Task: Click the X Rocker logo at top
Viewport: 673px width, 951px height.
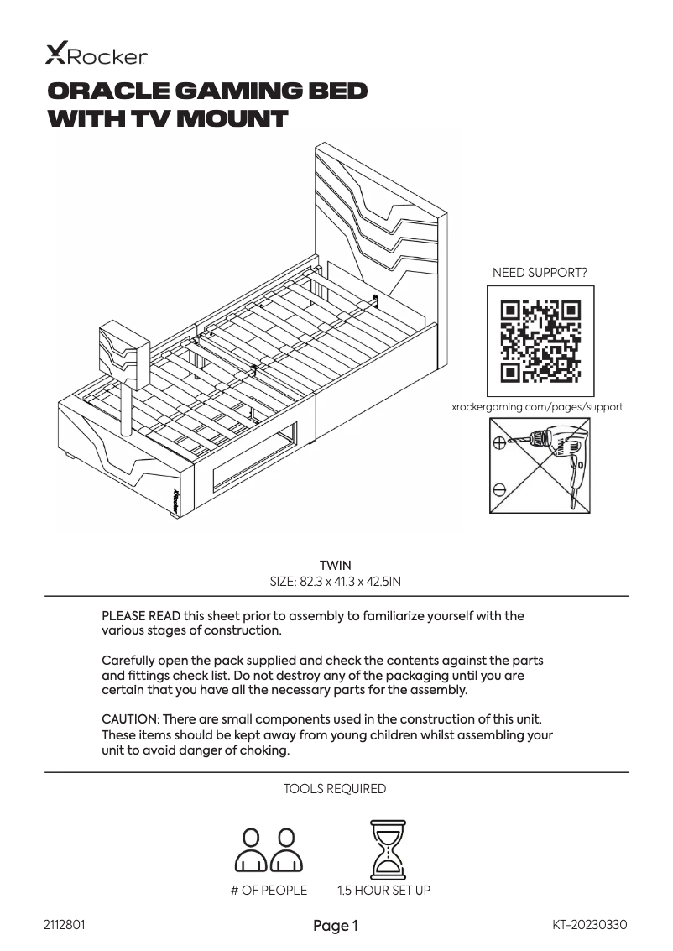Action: [x=96, y=55]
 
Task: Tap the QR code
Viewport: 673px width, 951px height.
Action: [x=540, y=340]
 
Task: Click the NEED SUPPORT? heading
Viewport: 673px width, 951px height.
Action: [x=540, y=273]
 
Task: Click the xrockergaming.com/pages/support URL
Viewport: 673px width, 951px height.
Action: [x=538, y=407]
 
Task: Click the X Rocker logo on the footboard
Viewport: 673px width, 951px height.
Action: [x=177, y=501]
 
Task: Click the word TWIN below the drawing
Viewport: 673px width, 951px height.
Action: [x=336, y=565]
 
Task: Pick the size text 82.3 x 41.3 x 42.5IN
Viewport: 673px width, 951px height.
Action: [x=336, y=581]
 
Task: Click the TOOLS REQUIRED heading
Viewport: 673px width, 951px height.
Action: [x=335, y=789]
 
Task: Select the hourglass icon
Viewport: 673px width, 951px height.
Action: [x=388, y=849]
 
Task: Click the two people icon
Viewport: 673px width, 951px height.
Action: [x=269, y=849]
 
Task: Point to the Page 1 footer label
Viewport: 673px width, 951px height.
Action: [x=336, y=926]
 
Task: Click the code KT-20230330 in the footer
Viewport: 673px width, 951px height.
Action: [x=590, y=925]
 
